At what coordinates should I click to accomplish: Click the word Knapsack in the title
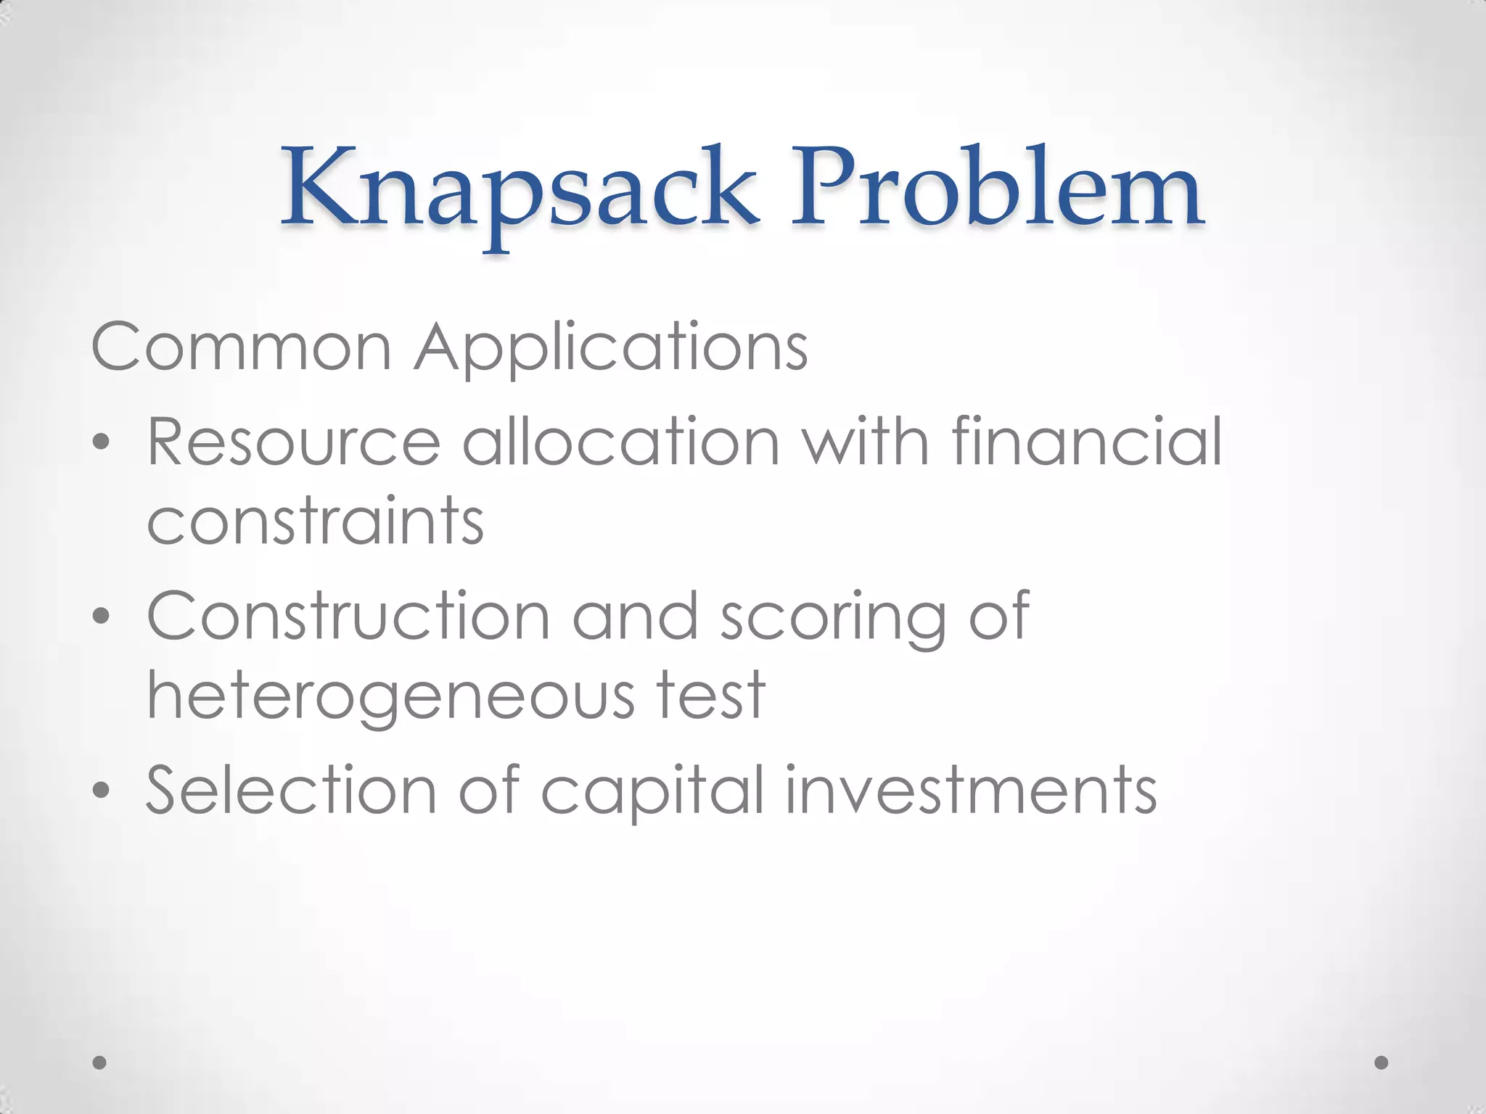point(520,190)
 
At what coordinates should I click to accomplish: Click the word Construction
point(348,616)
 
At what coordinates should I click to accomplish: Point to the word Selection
point(291,790)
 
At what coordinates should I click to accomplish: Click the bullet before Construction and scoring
point(102,616)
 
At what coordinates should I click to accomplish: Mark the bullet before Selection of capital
point(102,791)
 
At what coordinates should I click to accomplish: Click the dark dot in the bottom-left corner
point(100,1063)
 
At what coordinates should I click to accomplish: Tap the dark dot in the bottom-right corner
point(1382,1063)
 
